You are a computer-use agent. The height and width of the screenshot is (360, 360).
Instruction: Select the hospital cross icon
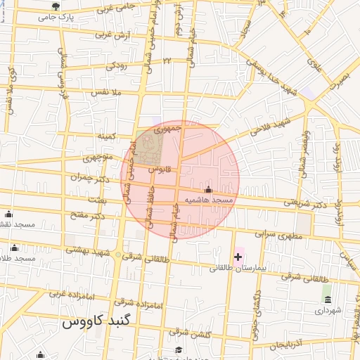click(238, 257)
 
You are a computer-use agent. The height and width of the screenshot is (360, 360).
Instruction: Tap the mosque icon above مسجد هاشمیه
click(207, 190)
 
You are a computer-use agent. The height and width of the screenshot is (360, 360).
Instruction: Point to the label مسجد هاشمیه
click(207, 200)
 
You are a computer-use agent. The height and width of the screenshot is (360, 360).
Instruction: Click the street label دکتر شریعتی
click(306, 204)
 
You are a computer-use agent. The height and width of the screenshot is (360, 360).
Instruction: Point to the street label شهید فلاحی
click(273, 124)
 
